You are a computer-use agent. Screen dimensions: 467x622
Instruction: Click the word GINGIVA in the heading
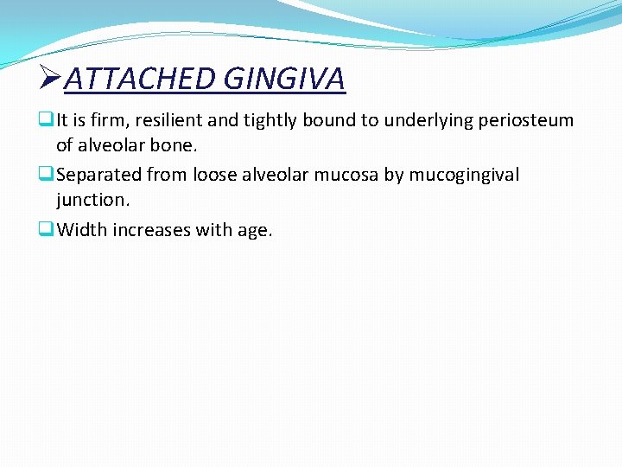pyautogui.click(x=284, y=79)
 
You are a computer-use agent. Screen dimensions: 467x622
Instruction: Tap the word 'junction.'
pyautogui.click(x=92, y=199)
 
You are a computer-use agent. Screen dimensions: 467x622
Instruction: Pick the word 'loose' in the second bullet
pyautogui.click(x=215, y=176)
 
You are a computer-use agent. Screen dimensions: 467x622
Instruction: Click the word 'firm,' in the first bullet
pyautogui.click(x=107, y=120)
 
